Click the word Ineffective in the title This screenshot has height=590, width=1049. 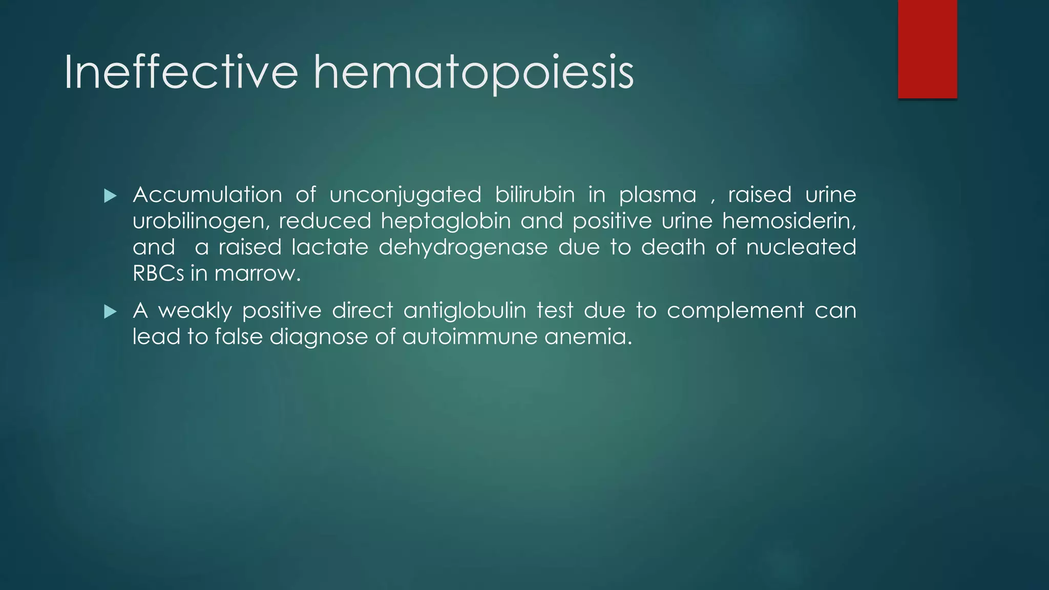(x=181, y=73)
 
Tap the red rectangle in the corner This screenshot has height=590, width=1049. (x=927, y=49)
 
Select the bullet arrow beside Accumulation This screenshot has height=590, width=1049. (x=110, y=196)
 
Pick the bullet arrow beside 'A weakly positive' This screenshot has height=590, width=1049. (x=110, y=311)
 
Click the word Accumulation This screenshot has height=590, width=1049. (x=207, y=195)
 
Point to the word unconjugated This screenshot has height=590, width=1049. (x=405, y=196)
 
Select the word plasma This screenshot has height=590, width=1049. (x=658, y=196)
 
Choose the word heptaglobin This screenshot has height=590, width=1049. (x=446, y=222)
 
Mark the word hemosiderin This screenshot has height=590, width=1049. (x=789, y=221)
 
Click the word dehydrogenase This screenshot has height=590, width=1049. (x=463, y=248)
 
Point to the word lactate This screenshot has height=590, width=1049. (x=330, y=247)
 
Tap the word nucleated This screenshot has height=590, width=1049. (x=801, y=247)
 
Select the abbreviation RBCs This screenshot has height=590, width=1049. (x=158, y=273)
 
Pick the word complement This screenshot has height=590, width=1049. (x=736, y=311)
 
